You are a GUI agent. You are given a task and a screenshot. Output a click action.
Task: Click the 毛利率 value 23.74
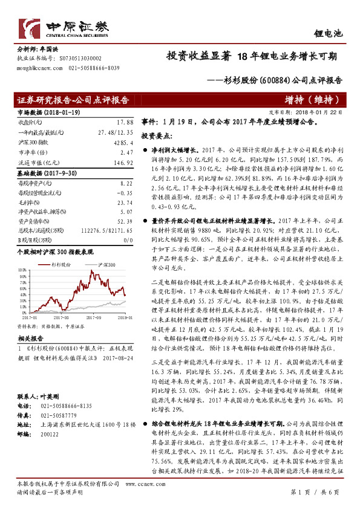click(x=123, y=203)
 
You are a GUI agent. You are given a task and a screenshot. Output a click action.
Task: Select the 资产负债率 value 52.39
click(x=123, y=222)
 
